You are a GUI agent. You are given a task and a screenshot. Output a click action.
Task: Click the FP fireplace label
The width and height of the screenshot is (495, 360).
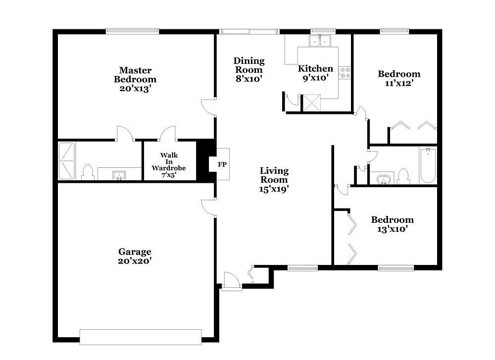(x=222, y=164)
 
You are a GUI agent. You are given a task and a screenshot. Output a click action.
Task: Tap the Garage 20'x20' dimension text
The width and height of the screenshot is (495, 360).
(x=135, y=261)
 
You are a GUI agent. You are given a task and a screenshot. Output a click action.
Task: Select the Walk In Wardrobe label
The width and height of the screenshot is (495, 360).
(x=169, y=165)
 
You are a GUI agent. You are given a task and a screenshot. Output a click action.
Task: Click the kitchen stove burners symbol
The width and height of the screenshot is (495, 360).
(x=345, y=72)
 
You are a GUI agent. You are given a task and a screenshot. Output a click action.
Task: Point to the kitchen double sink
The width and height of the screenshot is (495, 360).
(x=320, y=41)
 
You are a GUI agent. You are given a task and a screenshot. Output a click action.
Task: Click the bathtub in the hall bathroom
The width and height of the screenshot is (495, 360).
(x=428, y=165)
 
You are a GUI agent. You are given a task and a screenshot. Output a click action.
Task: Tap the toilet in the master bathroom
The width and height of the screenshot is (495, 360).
(x=88, y=172)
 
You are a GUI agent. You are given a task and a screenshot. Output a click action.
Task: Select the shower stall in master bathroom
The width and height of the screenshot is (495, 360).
(x=67, y=161)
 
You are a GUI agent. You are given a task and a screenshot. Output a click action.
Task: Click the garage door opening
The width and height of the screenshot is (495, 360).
(x=141, y=337)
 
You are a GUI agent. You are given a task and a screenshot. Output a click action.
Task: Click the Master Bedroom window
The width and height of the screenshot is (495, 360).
(x=132, y=31)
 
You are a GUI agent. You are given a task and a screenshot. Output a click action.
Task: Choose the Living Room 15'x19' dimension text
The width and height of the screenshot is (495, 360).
(x=274, y=189)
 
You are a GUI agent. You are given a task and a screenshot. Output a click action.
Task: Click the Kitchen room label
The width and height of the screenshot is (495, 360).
(x=315, y=68)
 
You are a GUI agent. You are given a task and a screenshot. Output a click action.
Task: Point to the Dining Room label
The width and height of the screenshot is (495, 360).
(x=249, y=65)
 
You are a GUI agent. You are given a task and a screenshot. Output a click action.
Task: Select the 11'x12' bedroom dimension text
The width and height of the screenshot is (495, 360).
(x=399, y=83)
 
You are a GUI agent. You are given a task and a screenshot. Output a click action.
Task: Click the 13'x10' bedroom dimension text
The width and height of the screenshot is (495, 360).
(x=392, y=229)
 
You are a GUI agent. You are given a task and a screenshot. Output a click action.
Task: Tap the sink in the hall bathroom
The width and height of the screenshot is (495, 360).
(x=384, y=179)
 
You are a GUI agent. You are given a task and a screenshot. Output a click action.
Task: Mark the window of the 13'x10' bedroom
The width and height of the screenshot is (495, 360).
(x=396, y=268)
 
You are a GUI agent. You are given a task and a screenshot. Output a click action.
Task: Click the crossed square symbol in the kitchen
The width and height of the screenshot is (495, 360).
(x=312, y=103)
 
